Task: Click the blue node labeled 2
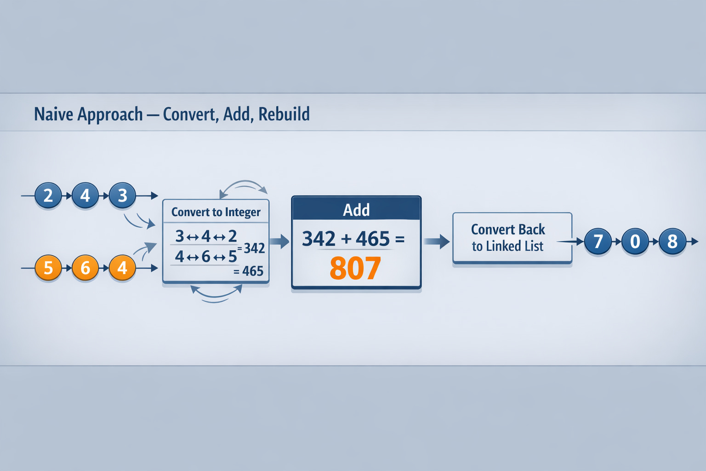48,196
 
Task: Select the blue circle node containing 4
85,196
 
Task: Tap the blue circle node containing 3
122,196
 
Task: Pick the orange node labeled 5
48,268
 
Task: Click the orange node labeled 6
85,268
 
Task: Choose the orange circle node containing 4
122,268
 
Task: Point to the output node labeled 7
598,241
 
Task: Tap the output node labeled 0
635,241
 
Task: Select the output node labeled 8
672,241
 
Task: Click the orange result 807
355,269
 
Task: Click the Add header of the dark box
356,210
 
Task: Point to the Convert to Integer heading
216,212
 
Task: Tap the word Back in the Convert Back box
532,229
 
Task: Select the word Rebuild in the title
284,114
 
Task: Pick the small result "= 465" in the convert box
249,271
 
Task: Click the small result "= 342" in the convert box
252,248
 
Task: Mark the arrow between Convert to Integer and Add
279,241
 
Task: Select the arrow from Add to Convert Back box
437,241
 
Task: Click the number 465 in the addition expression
373,239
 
